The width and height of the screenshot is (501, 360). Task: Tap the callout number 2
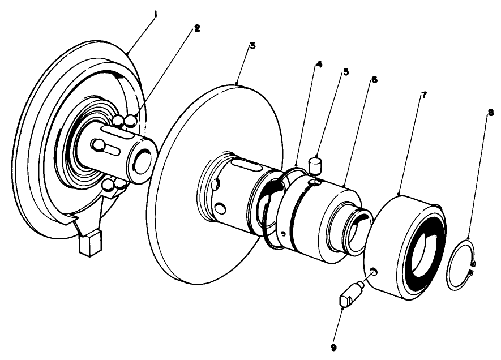[196, 28]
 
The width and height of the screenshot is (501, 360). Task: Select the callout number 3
[252, 45]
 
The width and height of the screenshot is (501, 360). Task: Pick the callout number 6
[374, 80]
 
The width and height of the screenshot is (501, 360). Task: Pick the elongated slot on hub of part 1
[110, 152]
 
